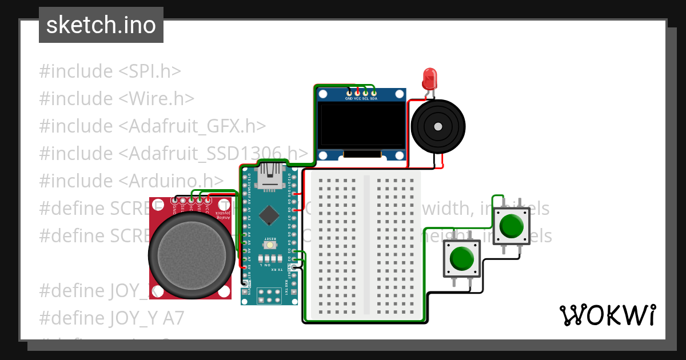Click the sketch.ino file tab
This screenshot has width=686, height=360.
tap(101, 25)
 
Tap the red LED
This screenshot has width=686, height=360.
tap(429, 78)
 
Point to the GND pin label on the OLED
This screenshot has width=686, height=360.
tap(349, 98)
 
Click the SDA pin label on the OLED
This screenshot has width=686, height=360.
tap(374, 98)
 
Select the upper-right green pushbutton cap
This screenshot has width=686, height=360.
tap(511, 226)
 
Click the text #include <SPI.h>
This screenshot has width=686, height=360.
tap(110, 71)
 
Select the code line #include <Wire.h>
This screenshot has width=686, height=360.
tap(117, 99)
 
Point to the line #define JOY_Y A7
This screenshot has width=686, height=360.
tap(111, 318)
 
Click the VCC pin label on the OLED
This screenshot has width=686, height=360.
tap(357, 98)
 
